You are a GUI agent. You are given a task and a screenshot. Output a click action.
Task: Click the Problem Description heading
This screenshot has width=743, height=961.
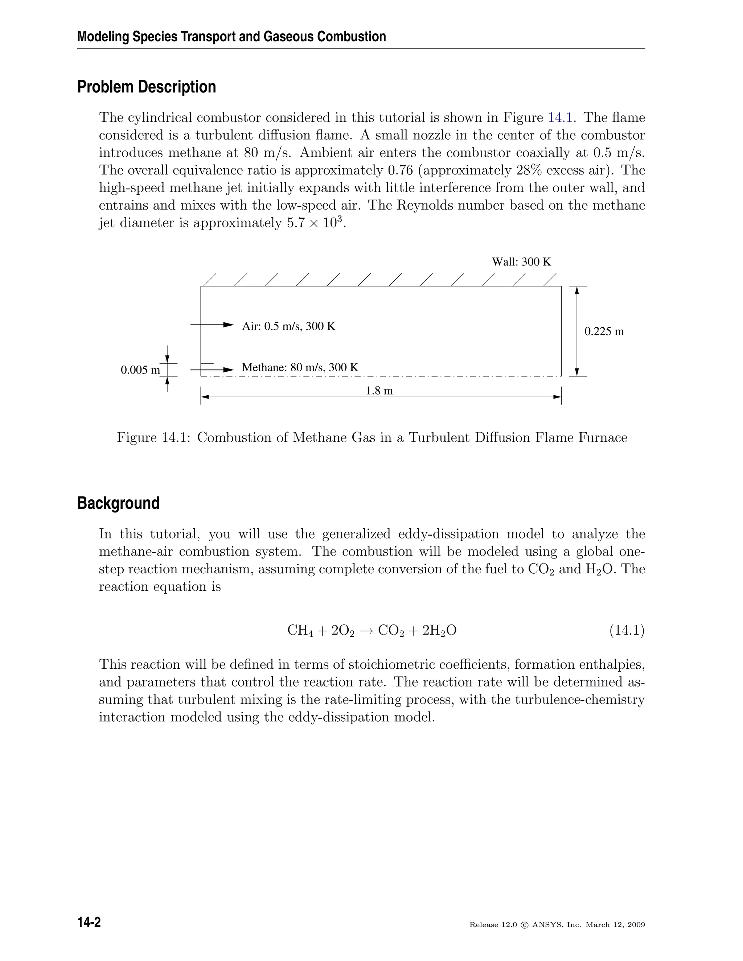coord(147,87)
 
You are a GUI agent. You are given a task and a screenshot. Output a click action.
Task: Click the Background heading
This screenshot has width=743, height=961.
coord(118,503)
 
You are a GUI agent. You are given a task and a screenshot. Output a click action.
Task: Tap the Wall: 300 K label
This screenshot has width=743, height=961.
coord(521,262)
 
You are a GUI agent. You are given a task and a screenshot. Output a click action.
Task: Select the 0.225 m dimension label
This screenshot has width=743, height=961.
coord(604,331)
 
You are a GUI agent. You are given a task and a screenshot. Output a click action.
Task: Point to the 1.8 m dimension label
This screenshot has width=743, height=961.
coord(379,391)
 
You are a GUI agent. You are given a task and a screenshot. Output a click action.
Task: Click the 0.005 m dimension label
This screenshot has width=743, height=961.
coord(140,370)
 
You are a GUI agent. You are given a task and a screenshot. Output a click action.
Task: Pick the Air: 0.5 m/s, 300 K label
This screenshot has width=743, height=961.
coord(289,326)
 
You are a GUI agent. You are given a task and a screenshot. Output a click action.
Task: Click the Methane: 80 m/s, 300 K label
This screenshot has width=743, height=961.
coord(300,367)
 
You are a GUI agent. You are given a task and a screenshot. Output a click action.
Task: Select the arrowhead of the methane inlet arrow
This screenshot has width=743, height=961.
coord(229,370)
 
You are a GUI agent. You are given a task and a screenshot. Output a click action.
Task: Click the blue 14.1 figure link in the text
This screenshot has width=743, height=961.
coord(560,117)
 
